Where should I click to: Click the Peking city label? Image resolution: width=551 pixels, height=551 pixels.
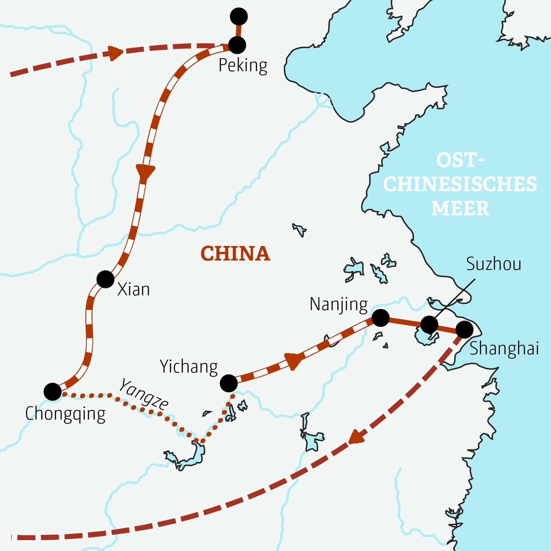click(243, 65)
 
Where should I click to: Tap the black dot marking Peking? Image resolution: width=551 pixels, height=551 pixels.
click(237, 45)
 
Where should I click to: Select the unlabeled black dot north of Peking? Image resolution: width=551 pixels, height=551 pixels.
click(239, 16)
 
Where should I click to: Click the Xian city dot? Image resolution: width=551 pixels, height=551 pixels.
click(105, 279)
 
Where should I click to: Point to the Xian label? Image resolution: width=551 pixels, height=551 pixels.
click(134, 289)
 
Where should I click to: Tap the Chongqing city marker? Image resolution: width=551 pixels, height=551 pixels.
click(53, 392)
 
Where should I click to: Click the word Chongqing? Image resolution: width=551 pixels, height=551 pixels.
click(65, 414)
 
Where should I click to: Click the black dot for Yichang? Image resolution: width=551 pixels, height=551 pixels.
click(229, 383)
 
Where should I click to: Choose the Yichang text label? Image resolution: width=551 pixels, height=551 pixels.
click(189, 367)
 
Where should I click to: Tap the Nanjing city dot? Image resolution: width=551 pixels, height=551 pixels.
click(381, 318)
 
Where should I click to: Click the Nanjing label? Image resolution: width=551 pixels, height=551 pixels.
click(339, 305)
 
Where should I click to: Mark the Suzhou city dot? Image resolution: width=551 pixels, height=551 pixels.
click(429, 324)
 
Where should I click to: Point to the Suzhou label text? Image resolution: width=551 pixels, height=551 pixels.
click(493, 264)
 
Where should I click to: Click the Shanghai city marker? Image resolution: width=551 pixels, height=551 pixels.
click(464, 329)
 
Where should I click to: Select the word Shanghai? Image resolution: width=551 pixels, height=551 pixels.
click(504, 348)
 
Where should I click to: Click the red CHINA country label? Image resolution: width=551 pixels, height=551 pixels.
click(235, 254)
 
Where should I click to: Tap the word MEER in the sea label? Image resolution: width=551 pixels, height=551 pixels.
click(460, 208)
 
